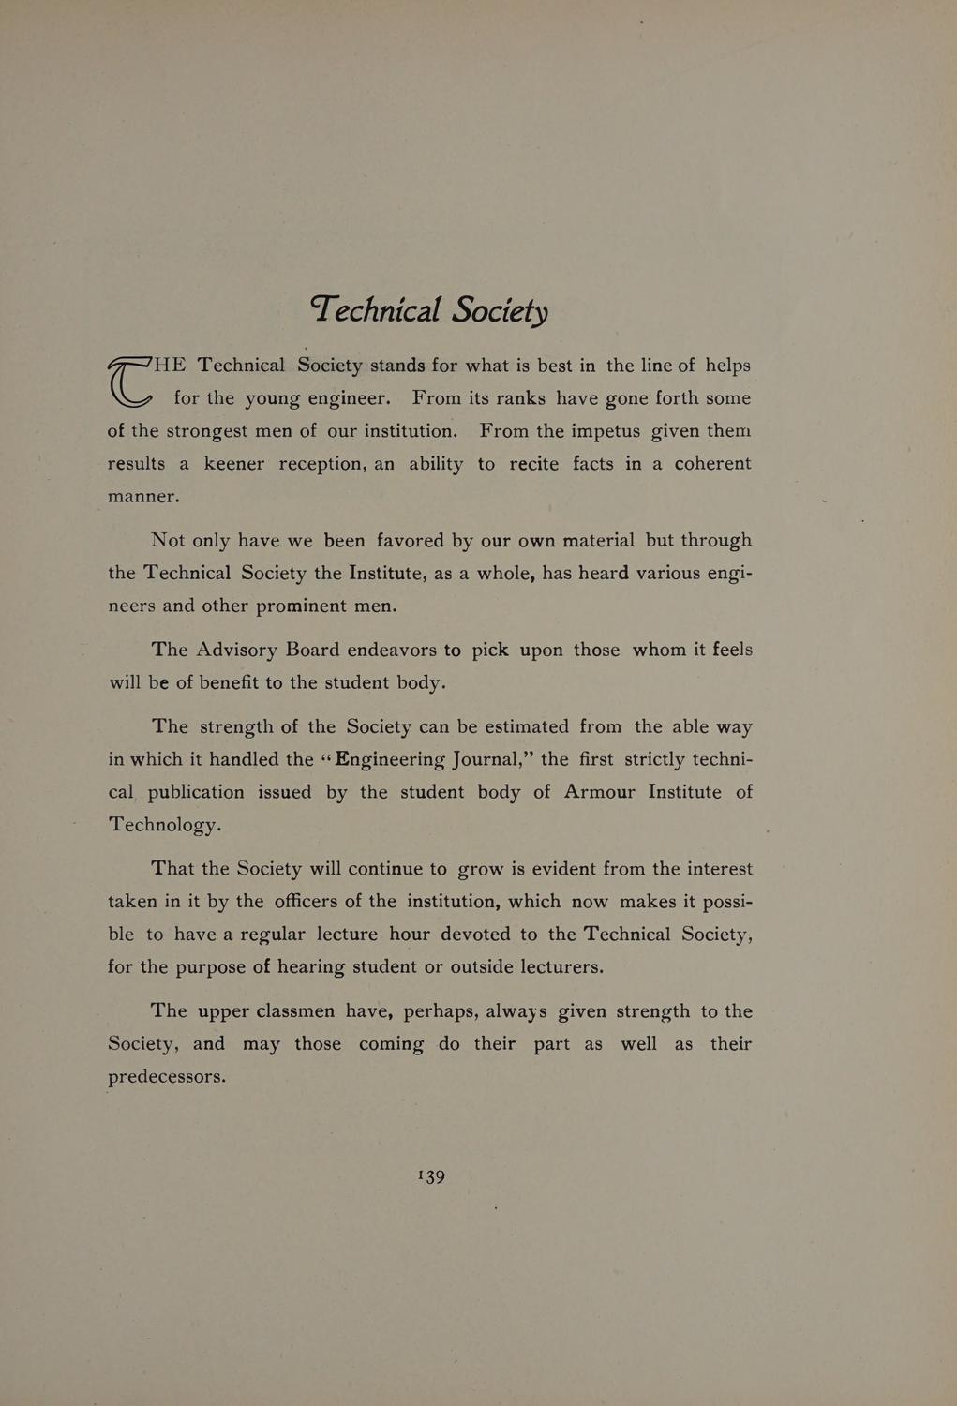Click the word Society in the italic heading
[500, 309]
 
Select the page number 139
[431, 1176]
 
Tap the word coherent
[712, 464]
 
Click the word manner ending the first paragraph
[142, 497]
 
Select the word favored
[410, 541]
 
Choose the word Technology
[164, 826]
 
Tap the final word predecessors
[167, 1077]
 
